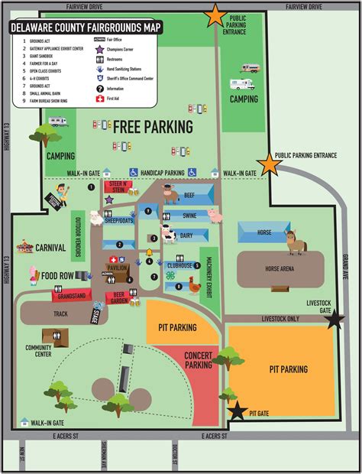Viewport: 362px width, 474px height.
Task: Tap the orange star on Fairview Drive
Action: click(x=215, y=15)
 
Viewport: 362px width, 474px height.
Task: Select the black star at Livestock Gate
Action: click(x=334, y=321)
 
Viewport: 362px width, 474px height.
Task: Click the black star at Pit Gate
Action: click(x=238, y=411)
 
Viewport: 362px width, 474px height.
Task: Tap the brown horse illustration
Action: click(x=296, y=243)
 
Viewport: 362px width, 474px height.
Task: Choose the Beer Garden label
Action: click(x=116, y=297)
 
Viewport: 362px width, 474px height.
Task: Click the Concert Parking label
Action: click(x=199, y=360)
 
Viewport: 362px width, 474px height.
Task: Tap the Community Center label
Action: click(x=38, y=350)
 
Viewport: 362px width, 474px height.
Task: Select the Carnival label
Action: click(x=51, y=248)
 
